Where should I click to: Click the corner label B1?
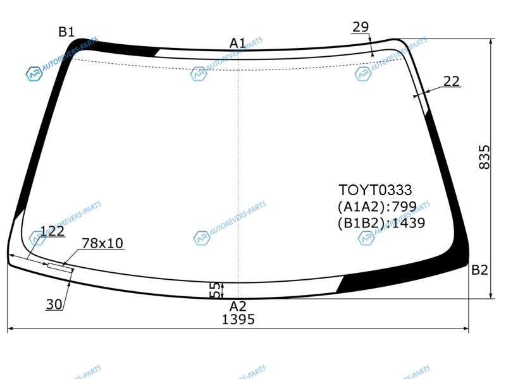point(66,32)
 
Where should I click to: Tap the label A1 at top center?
point(238,43)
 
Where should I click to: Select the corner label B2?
point(479,270)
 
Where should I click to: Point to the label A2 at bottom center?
point(238,306)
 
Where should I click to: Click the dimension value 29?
point(361,27)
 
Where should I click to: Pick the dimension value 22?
point(452,81)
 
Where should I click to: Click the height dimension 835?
point(484,157)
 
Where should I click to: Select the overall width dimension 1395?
point(238,320)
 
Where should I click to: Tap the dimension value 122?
point(52,231)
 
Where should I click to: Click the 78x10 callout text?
point(102,243)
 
